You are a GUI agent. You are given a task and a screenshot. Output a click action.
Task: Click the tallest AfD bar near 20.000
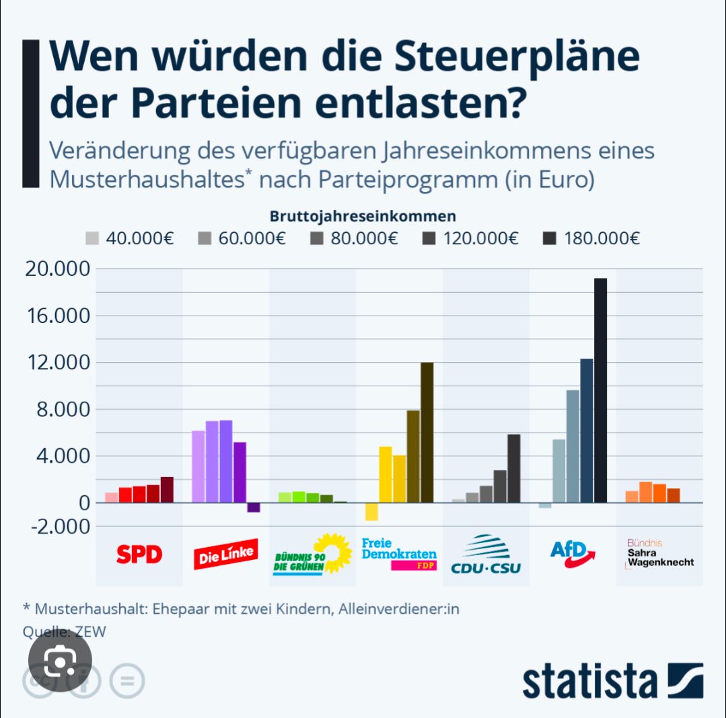click(x=600, y=390)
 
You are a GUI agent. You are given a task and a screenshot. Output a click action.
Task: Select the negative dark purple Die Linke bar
click(x=253, y=507)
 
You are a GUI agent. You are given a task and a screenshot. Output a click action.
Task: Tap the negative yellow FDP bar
click(x=371, y=511)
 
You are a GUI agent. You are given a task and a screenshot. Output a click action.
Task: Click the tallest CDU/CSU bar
click(x=513, y=468)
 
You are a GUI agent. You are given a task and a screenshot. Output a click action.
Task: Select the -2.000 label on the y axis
click(x=57, y=526)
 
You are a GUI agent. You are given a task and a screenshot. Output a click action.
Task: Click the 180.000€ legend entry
click(x=591, y=238)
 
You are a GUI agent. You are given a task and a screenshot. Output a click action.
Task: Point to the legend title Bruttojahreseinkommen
click(x=363, y=217)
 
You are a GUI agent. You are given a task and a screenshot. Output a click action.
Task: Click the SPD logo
click(x=139, y=554)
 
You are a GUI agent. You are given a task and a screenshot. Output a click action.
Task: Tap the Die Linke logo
click(x=225, y=556)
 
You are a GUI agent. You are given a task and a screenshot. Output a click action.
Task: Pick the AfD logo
click(x=572, y=554)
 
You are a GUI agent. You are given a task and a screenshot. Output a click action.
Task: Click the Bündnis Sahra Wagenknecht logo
click(x=659, y=553)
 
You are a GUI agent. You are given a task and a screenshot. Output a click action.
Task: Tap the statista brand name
click(x=589, y=681)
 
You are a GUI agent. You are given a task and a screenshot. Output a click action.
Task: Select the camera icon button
click(x=61, y=663)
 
